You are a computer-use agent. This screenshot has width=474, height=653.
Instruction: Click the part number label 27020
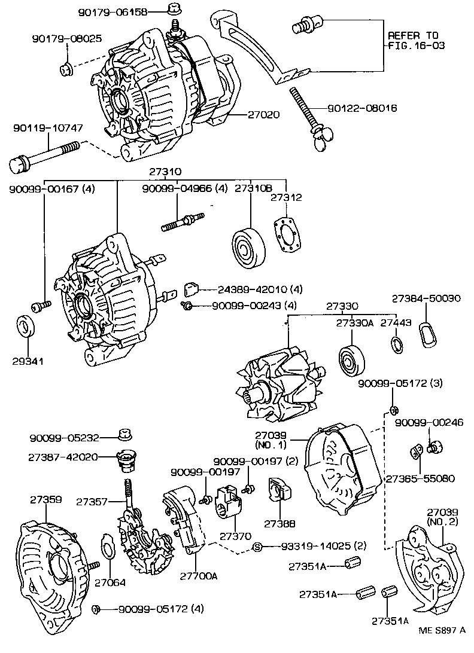pos(262,114)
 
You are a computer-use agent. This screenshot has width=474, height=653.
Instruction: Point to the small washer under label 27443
pos(396,344)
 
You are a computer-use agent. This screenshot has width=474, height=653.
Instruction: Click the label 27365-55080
pos(420,478)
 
